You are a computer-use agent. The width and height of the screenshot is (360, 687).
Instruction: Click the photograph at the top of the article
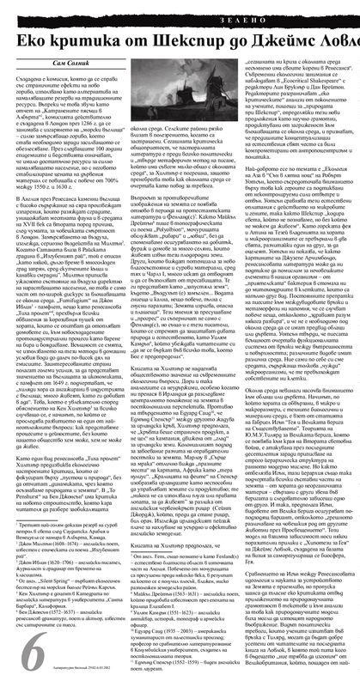click(180, 94)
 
